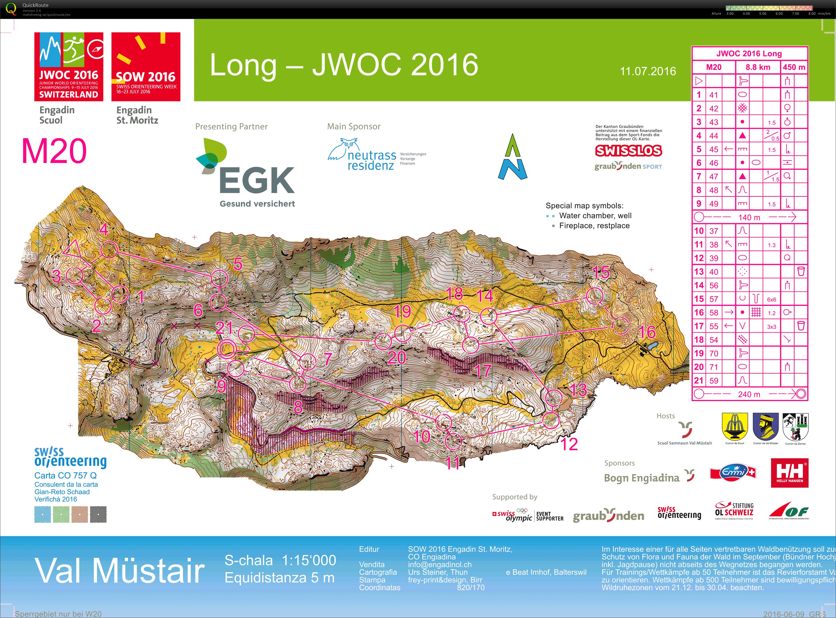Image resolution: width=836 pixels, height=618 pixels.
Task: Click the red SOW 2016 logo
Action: pos(146,67)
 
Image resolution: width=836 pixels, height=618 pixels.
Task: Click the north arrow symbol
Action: pos(512,157)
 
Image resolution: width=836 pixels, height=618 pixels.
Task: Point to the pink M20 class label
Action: pos(54,151)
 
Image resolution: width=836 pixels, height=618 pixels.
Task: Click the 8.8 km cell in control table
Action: pos(758,67)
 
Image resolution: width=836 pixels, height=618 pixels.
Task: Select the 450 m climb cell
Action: pos(794,67)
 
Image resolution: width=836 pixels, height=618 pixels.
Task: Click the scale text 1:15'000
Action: pos(309,560)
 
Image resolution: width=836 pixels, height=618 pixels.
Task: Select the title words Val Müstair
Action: pos(120,570)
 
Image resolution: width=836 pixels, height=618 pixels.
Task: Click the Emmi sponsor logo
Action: pos(733,473)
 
